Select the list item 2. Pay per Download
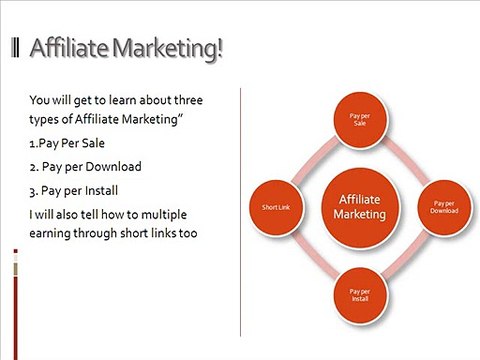[x=86, y=166]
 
